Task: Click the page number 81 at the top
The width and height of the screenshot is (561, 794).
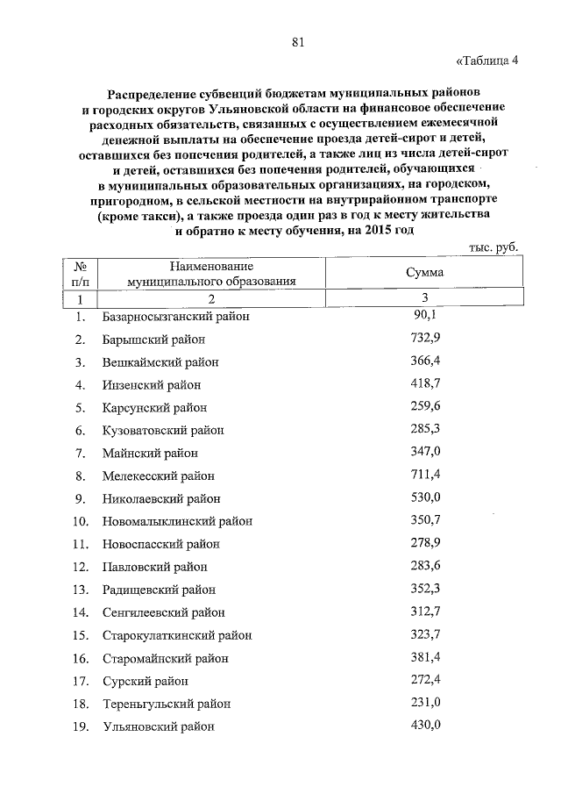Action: pyautogui.click(x=297, y=40)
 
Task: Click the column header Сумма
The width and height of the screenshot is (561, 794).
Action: pyautogui.click(x=424, y=273)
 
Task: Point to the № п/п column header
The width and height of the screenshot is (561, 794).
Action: pyautogui.click(x=80, y=273)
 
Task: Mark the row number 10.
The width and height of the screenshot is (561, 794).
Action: pyautogui.click(x=80, y=521)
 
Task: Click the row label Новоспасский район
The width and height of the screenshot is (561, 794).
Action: pyautogui.click(x=160, y=544)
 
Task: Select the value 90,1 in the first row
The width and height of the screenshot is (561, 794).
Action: pyautogui.click(x=424, y=315)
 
